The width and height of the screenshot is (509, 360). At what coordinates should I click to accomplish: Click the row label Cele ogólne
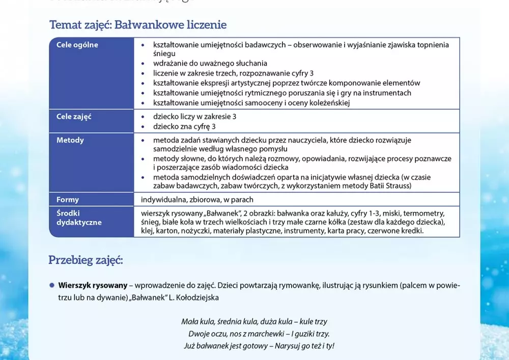[77, 45]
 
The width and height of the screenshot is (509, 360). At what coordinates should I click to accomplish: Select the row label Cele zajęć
[74, 117]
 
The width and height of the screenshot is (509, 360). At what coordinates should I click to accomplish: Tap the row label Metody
[70, 140]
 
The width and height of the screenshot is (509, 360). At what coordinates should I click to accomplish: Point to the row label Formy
[68, 200]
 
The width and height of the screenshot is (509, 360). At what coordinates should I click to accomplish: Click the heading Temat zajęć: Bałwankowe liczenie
[138, 24]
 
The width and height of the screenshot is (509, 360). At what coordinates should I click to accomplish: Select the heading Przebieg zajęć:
[86, 260]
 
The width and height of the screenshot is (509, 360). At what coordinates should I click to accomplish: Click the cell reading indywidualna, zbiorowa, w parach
[196, 200]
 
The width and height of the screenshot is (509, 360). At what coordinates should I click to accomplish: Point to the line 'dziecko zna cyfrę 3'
[184, 126]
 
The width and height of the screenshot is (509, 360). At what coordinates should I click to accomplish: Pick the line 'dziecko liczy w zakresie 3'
[194, 117]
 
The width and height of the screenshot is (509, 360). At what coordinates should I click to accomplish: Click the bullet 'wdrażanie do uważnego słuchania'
[210, 64]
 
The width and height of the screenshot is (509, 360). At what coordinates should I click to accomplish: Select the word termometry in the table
[427, 213]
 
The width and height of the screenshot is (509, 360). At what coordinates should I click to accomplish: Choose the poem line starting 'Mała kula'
[254, 322]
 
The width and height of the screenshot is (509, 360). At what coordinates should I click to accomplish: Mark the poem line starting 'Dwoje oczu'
[259, 334]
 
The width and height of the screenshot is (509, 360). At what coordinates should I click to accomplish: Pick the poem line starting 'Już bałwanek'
[259, 346]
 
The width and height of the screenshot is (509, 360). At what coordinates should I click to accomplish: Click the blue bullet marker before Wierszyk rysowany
[51, 285]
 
